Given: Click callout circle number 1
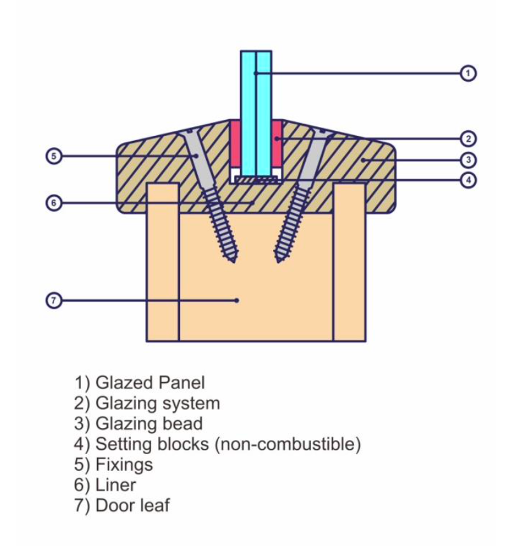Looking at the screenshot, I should coord(468,73).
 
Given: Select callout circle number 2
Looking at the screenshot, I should coord(468,138).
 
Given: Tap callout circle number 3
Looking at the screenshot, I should coord(468,159).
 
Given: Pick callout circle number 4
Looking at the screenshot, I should coord(468,180).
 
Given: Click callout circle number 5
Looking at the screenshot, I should coord(54,155).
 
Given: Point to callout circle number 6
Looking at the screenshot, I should coord(54,203).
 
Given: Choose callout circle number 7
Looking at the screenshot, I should coord(54,300).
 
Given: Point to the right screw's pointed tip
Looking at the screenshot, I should coord(277,260).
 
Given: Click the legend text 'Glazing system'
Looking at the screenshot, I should coord(157,403).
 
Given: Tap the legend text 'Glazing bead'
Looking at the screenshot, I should coord(149,424).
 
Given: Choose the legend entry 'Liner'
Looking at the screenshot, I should coord(116,485).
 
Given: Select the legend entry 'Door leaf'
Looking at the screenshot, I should coord(132,505).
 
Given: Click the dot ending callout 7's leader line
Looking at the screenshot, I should coord(237,300).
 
